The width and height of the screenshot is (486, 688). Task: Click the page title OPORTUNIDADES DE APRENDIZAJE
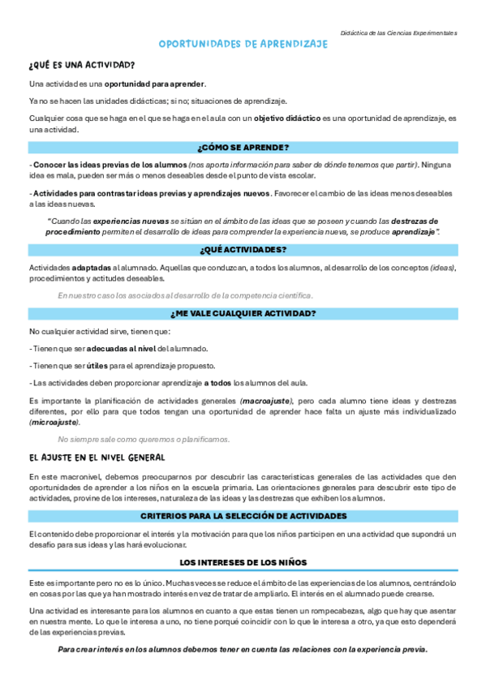click(243, 45)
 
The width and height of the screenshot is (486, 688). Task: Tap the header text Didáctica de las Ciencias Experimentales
click(398, 33)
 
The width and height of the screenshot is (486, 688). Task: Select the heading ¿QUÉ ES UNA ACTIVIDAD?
click(81, 65)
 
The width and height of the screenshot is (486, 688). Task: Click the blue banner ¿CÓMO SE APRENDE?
click(243, 147)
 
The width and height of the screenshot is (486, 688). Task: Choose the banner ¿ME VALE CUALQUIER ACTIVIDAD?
click(243, 313)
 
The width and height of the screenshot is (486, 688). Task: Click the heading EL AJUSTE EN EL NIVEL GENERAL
click(97, 457)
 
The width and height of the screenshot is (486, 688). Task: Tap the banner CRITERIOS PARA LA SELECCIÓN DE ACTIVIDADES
click(243, 516)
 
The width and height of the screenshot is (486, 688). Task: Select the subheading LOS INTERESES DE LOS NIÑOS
click(243, 561)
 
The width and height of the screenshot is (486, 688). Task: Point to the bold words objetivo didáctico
click(286, 118)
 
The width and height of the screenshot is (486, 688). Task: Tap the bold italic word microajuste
click(54, 422)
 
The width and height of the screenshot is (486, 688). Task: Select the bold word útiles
click(97, 365)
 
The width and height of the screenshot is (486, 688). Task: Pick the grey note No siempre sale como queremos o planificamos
click(144, 439)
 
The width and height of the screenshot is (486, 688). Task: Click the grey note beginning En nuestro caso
click(185, 295)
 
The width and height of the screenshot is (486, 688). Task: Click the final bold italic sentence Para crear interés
click(243, 649)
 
